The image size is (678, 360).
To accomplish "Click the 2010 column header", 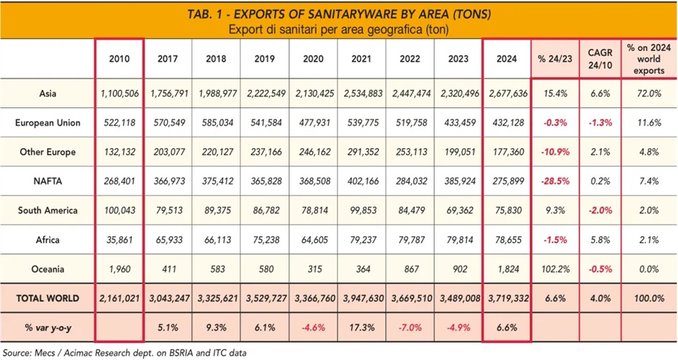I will pos(119,60).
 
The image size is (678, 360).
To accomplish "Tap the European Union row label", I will pos(48,123).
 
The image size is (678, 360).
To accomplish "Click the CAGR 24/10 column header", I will pos(600,60).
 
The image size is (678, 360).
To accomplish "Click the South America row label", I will pos(48,211).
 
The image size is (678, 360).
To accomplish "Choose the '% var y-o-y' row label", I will pos(48,328).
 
